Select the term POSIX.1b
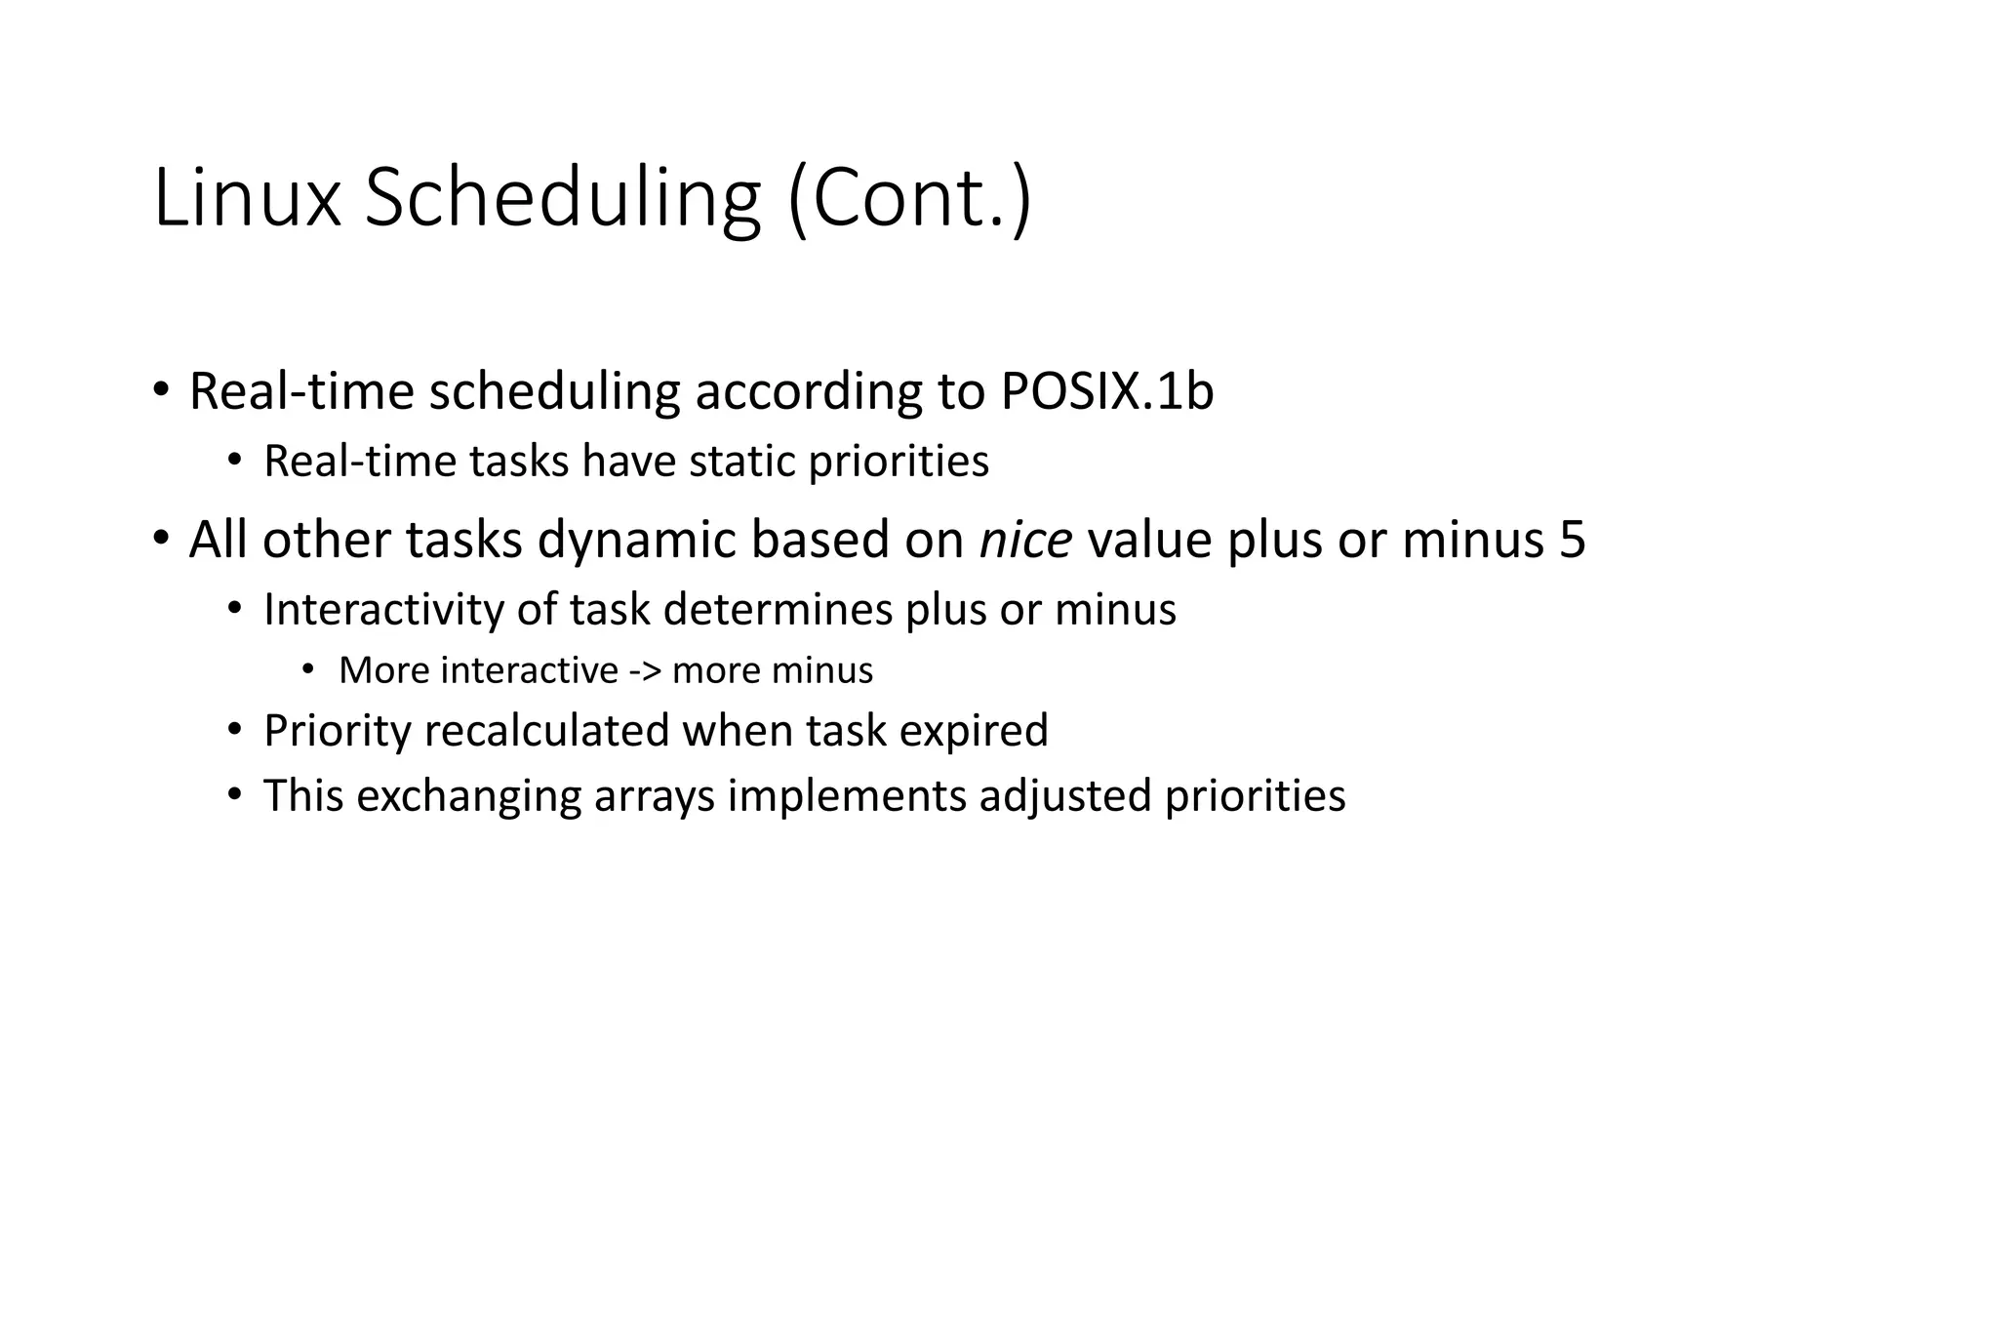coord(1106,391)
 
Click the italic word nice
coord(1025,540)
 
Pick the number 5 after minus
coord(1572,540)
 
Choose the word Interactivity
coord(383,610)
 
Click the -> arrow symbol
coord(645,670)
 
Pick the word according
coord(808,391)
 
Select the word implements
coord(847,795)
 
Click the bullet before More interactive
coord(308,669)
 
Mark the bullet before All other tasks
coord(160,539)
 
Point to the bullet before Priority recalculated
coord(234,730)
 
